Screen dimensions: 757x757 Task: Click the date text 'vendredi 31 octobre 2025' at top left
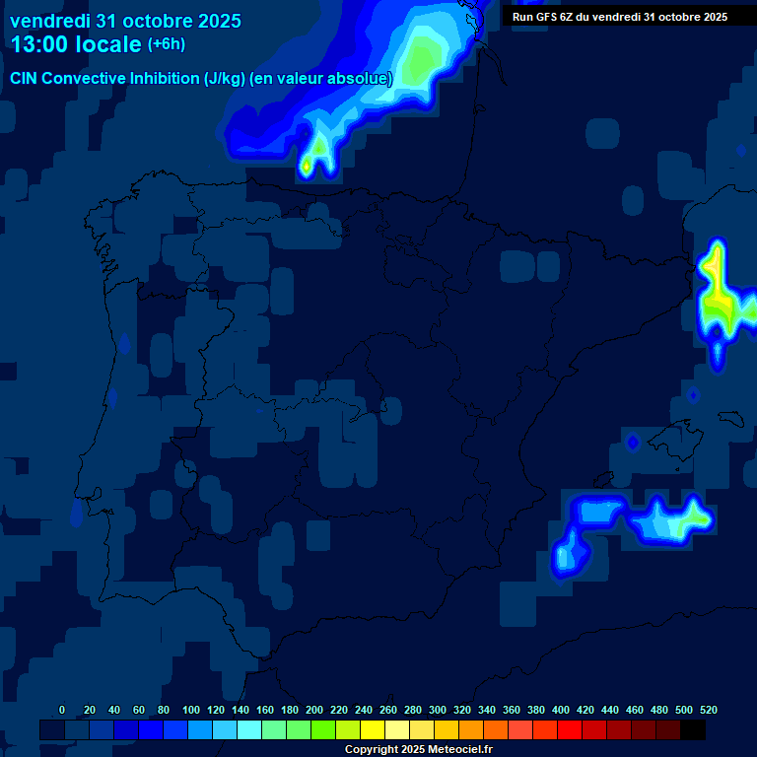[125, 21]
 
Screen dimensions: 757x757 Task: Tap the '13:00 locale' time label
[75, 44]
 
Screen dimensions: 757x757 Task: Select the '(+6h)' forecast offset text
[167, 44]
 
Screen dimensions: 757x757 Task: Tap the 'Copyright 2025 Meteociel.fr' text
[419, 750]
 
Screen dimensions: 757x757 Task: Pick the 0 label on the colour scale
[62, 710]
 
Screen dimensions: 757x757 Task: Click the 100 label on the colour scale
[191, 710]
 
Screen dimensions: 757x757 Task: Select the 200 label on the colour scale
[314, 710]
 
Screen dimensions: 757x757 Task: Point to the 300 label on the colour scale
[438, 710]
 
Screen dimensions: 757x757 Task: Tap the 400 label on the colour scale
[561, 710]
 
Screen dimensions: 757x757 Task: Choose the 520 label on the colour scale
[708, 710]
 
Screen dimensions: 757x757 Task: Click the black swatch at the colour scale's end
[693, 730]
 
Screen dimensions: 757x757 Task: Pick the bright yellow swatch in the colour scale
[373, 730]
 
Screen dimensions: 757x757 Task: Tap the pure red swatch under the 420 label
[570, 730]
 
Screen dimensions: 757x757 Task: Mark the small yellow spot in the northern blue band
[307, 166]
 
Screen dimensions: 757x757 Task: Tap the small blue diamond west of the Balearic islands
[633, 442]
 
